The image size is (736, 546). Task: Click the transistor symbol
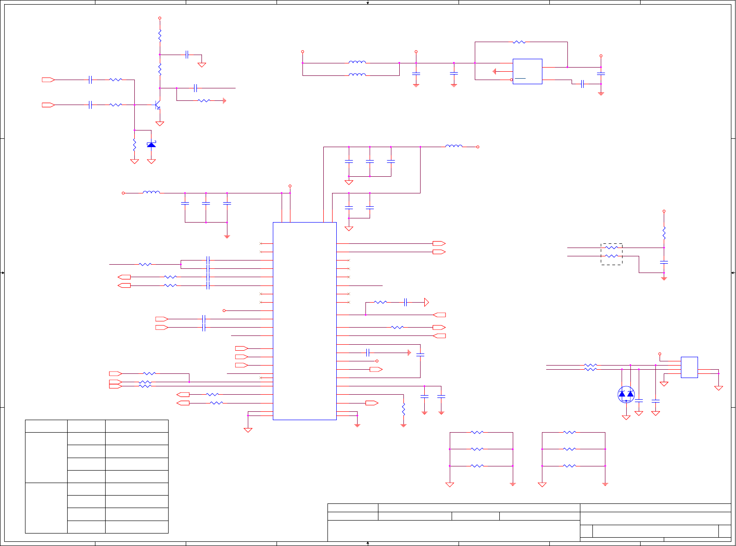point(157,105)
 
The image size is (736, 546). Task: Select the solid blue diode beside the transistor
point(151,145)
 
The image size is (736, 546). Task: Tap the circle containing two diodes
point(626,395)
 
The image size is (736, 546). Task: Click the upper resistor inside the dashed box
point(611,248)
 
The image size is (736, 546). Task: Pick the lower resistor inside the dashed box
point(611,256)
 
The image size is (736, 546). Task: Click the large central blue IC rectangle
point(304,321)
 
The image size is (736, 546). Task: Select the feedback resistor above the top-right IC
point(519,42)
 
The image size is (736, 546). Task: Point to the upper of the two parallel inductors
point(357,62)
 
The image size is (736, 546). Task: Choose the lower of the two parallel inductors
point(357,74)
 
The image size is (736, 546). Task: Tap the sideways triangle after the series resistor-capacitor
point(426,303)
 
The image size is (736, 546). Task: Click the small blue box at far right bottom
point(689,367)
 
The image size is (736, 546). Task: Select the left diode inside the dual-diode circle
point(622,394)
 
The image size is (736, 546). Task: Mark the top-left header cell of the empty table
point(46,426)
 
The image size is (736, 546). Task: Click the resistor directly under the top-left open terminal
point(160,35)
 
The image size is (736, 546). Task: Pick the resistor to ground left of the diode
point(134,145)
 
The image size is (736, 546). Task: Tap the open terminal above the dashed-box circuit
point(664,211)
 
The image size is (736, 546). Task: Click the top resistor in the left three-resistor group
point(477,433)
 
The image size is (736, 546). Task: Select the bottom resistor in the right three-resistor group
point(569,466)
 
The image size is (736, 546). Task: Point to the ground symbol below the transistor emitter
point(160,124)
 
